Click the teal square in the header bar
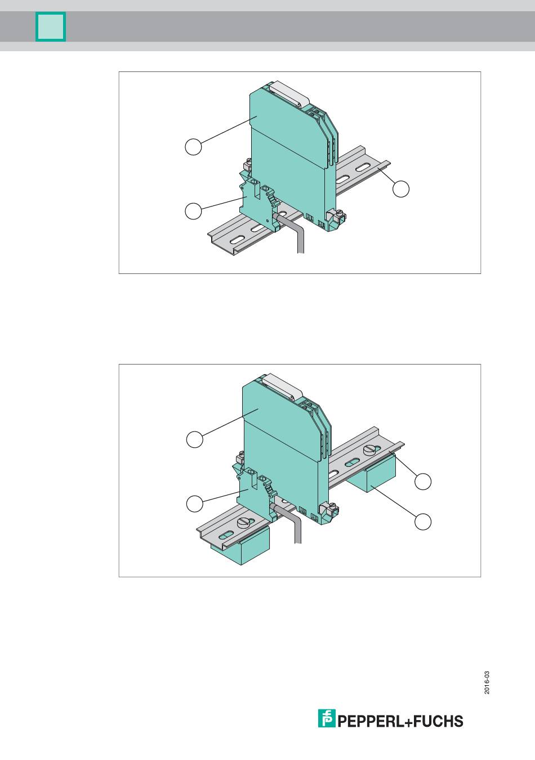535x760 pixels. tap(51, 27)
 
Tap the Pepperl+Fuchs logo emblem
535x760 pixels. tap(327, 718)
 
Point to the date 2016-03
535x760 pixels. tap(487, 682)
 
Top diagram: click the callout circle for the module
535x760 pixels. tap(193, 147)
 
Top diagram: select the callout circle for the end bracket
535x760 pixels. tap(193, 211)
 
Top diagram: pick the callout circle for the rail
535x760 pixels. tap(401, 188)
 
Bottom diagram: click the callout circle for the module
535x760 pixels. tap(195, 439)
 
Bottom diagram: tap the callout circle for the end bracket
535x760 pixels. tap(195, 504)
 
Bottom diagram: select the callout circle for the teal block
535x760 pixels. tap(423, 521)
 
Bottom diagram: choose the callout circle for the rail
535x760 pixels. tap(423, 482)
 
